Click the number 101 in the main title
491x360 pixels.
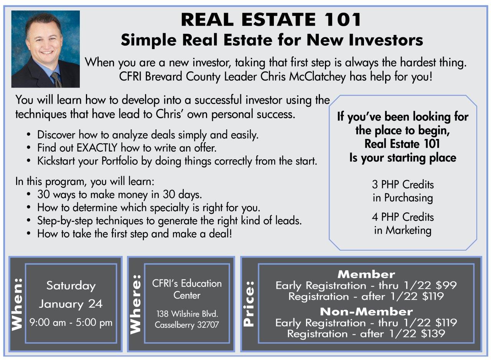pyautogui.click(x=343, y=20)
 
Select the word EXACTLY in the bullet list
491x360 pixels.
pyautogui.click(x=97, y=148)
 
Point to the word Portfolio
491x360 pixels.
pyautogui.click(x=119, y=161)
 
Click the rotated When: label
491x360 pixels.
pyautogui.click(x=17, y=305)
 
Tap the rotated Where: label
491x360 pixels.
pyautogui.click(x=135, y=304)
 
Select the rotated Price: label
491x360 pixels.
pyautogui.click(x=249, y=304)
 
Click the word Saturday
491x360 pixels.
pyautogui.click(x=71, y=286)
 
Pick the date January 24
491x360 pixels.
pyautogui.click(x=71, y=304)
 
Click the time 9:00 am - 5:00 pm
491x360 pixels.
pyautogui.click(x=71, y=322)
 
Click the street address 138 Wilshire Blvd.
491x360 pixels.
pyautogui.click(x=187, y=314)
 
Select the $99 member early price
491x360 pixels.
pyautogui.click(x=446, y=285)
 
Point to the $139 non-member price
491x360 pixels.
pyautogui.click(x=433, y=334)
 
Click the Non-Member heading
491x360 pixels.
pyautogui.click(x=366, y=312)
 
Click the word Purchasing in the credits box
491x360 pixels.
pyautogui.click(x=409, y=198)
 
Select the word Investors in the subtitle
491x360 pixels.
pyautogui.click(x=386, y=40)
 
